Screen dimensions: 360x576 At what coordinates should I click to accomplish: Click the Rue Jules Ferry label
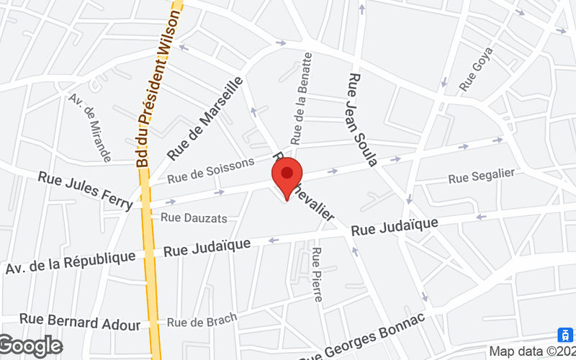(x=86, y=191)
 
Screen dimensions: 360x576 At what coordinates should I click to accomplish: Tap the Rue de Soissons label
(x=211, y=171)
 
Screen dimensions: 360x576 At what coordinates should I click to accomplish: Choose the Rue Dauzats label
(x=194, y=217)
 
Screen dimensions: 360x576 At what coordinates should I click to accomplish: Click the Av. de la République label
(x=71, y=262)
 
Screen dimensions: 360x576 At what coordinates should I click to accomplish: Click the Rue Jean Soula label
(x=362, y=119)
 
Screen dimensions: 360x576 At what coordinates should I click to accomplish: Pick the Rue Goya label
(x=476, y=70)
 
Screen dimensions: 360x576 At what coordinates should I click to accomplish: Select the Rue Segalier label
(x=481, y=177)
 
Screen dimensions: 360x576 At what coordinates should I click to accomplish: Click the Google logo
(x=31, y=346)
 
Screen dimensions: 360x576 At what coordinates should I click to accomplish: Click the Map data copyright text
(x=532, y=351)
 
